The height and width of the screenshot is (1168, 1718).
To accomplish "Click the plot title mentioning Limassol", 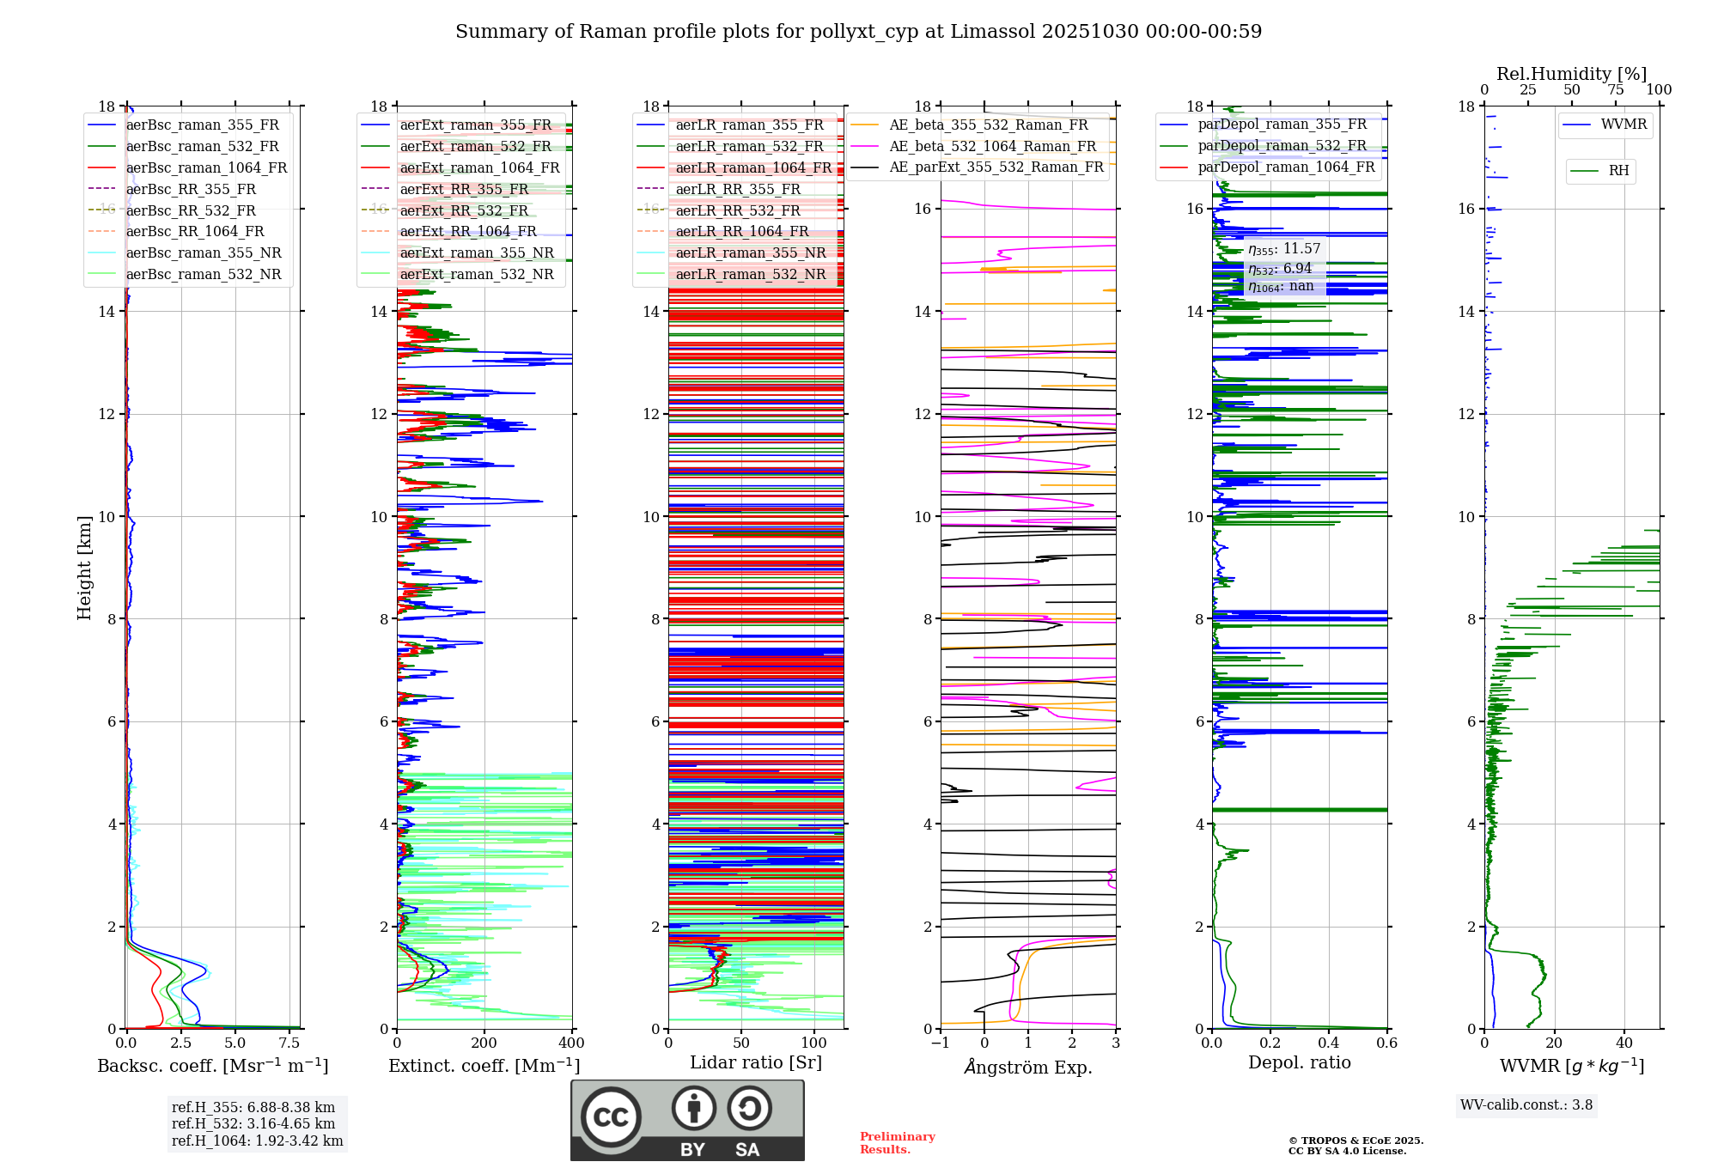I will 858,32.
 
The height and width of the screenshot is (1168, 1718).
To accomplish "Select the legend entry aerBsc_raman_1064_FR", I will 206,167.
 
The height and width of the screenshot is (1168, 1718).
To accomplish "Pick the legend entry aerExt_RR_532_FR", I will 464,210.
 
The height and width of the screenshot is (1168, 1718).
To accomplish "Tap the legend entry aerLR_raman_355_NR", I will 750,252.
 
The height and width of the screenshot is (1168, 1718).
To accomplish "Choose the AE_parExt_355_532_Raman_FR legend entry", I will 996,167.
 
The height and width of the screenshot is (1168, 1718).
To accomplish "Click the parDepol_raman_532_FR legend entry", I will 1282,146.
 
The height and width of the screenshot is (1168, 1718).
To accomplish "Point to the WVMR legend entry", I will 1623,125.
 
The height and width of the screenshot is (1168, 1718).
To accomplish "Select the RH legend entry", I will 1618,171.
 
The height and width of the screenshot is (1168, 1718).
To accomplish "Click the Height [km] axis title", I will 84,567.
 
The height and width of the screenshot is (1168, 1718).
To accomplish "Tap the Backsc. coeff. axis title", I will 212,1066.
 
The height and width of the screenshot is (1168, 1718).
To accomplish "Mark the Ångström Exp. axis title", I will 1028,1067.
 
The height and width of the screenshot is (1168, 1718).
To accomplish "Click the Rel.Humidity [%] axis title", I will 1571,74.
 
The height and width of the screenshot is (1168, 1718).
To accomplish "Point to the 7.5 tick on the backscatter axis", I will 289,1043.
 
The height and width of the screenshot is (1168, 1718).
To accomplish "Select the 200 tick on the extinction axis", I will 484,1043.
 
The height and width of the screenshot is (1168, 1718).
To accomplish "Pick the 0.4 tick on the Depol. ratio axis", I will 1328,1043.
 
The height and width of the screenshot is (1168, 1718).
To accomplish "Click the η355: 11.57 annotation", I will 1284,249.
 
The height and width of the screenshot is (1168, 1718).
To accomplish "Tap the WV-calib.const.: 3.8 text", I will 1526,1105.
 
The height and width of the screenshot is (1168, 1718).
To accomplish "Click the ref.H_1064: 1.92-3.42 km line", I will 257,1141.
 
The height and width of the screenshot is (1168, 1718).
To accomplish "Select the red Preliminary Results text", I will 897,1143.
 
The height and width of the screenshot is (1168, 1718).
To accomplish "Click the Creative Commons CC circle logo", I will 611,1116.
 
